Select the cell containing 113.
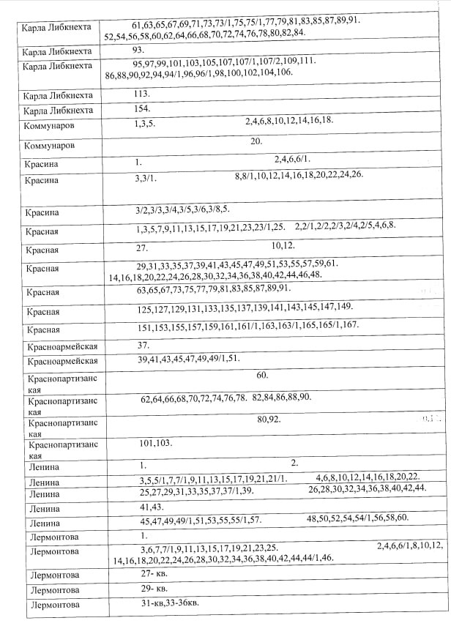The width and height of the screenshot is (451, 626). tap(142, 94)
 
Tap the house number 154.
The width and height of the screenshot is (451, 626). tap(142, 108)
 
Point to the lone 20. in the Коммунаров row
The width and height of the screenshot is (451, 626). tap(256, 141)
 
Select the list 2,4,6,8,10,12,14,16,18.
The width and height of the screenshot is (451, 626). tap(289, 121)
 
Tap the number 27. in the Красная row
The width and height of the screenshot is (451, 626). tap(141, 247)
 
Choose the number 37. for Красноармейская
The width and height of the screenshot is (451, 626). tap(143, 344)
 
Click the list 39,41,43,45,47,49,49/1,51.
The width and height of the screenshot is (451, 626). tap(187, 359)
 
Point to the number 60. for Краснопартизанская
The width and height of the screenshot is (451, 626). tap(262, 376)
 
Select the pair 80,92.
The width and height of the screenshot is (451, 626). tap(269, 420)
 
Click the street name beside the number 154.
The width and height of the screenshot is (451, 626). tap(59, 110)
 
